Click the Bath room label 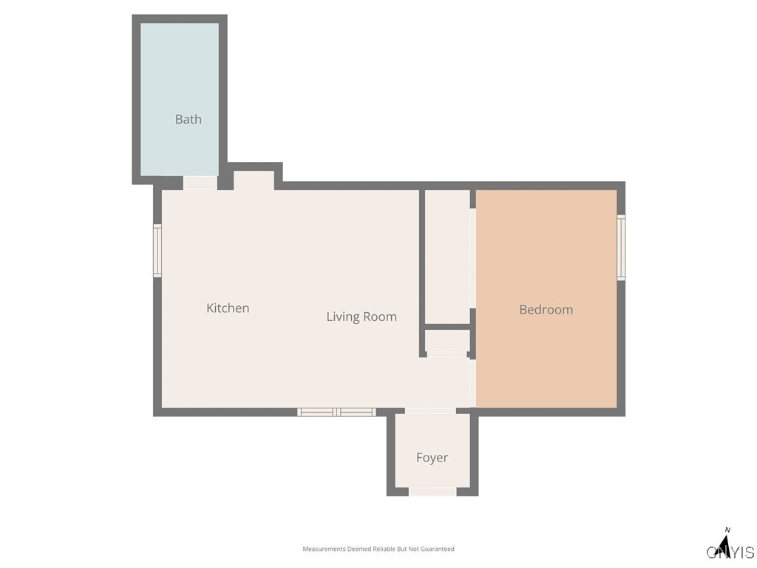(188, 119)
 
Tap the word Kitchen (228, 308)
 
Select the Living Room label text (361, 317)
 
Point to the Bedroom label (546, 310)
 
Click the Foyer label (432, 458)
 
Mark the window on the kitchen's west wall (157, 251)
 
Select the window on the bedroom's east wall (621, 247)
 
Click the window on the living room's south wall (336, 412)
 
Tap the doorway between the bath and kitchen (200, 183)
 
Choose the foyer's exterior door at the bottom (432, 492)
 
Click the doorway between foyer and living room (430, 410)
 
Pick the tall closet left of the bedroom (447, 256)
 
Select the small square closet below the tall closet (447, 341)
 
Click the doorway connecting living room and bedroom (472, 382)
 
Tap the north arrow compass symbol (725, 547)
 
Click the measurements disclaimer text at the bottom (378, 549)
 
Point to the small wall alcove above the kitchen (254, 180)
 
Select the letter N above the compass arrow (727, 530)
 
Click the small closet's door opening (447, 355)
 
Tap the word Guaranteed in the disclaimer (439, 549)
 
